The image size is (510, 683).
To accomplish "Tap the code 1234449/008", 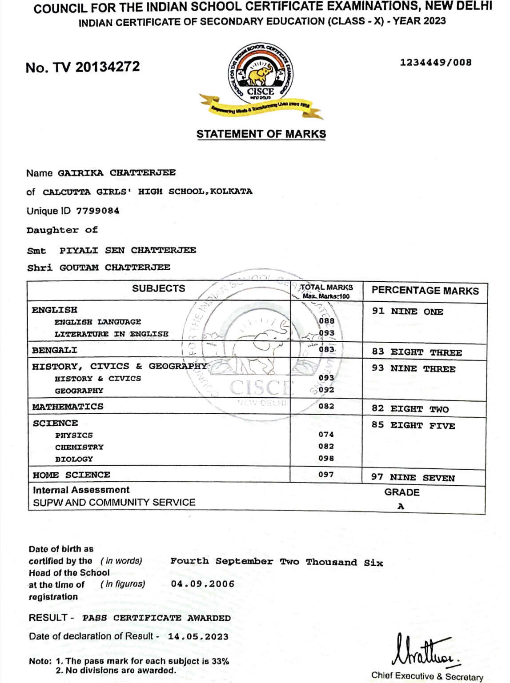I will pos(435,62).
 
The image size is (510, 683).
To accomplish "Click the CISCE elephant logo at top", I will pos(261,73).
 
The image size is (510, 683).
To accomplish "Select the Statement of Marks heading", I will pos(261,134).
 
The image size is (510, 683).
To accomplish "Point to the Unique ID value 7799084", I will pos(97,211).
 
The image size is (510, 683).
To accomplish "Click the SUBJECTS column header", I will pos(158,288).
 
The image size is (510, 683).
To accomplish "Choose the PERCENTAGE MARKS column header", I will pos(425,291).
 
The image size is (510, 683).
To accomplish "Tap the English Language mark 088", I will pos(326,321).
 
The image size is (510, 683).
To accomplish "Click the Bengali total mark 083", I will pos(326,349).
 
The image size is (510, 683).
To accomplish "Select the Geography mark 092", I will pos(326,390).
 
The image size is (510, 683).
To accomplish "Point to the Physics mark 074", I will pos(326,434).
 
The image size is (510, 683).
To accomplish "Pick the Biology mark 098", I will pos(326,458).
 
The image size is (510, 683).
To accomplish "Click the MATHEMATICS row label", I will pos(68,407).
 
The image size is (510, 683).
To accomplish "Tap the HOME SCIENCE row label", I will pos(72,475).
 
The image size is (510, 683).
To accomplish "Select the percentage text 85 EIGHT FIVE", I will pos(413,425).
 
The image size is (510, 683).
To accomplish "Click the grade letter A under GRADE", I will pos(401,506).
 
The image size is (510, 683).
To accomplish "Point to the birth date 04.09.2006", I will pos(202,584).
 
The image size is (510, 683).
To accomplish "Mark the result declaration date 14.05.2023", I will pos(198,636).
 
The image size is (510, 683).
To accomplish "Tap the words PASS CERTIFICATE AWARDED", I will pos(156,618).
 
